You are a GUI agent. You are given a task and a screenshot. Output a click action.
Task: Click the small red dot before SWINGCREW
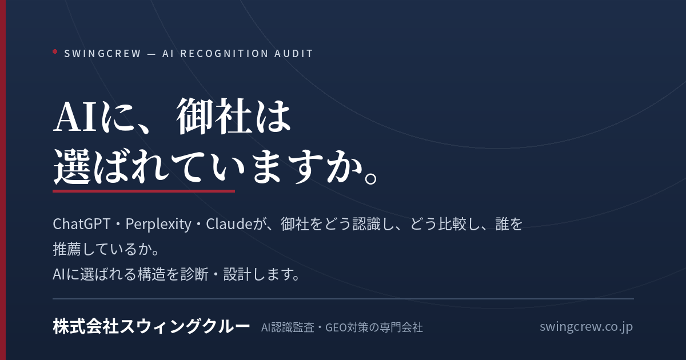(55, 51)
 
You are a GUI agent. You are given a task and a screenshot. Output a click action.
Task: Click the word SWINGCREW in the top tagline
(102, 54)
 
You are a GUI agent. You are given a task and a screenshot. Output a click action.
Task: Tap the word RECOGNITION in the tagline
(225, 54)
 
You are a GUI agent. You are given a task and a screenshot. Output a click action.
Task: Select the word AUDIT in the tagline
(293, 54)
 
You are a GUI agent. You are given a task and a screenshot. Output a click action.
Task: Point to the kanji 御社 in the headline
(214, 117)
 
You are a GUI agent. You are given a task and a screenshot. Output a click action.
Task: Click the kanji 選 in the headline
(72, 167)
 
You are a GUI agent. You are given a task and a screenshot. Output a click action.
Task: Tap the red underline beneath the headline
(143, 191)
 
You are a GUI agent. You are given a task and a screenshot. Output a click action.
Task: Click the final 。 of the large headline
(371, 178)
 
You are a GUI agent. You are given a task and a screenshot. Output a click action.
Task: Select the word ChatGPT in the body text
(81, 224)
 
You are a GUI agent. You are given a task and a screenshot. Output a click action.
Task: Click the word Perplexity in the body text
(158, 225)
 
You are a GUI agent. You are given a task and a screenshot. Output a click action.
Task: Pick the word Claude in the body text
(229, 224)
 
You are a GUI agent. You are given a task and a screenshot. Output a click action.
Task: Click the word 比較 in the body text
(452, 224)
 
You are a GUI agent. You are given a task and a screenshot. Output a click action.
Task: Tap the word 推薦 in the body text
(67, 249)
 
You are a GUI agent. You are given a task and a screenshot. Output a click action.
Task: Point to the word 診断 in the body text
(195, 274)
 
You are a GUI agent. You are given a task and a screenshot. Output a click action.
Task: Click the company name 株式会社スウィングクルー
(151, 326)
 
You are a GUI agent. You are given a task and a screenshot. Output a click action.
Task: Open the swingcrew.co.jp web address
(586, 327)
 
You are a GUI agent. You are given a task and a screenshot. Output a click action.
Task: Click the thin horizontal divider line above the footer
(344, 299)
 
